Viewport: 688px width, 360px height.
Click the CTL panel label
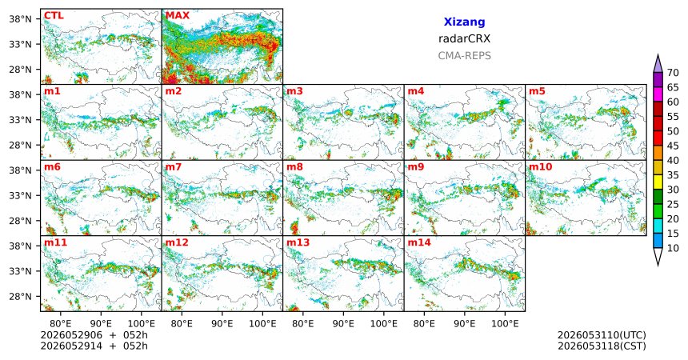coord(54,16)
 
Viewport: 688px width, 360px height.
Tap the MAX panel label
coord(178,16)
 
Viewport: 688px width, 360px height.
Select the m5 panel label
coord(537,91)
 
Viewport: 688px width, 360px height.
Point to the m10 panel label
coord(540,167)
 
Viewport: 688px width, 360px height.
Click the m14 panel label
coord(419,242)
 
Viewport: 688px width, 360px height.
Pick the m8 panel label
coord(294,167)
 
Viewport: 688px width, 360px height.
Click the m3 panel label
coord(294,91)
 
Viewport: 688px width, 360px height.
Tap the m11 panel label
coord(55,242)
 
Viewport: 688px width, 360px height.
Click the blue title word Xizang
coord(464,22)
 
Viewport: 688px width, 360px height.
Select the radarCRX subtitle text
coord(464,38)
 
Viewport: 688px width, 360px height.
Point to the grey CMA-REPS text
coord(464,56)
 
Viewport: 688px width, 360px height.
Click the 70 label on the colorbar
coord(673,73)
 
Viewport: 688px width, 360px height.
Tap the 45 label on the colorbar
coord(673,146)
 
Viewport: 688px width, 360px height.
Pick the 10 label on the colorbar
coord(673,248)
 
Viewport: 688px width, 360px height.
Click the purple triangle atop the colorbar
coord(658,64)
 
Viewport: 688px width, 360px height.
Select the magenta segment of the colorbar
coord(658,94)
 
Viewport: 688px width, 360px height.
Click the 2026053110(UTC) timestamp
coord(602,335)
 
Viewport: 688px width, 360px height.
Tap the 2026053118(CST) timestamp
coord(602,346)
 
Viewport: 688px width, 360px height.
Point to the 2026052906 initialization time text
coord(71,335)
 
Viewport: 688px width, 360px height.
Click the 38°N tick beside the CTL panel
coord(21,19)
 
